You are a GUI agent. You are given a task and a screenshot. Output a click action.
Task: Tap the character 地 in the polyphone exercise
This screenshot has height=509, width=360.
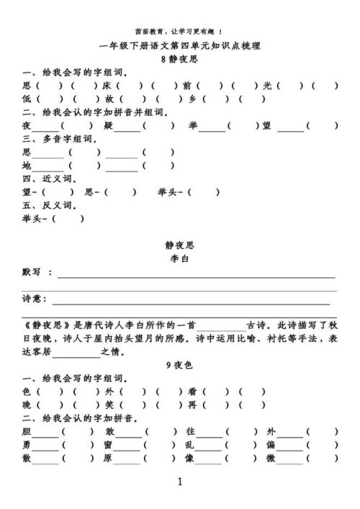tap(27, 166)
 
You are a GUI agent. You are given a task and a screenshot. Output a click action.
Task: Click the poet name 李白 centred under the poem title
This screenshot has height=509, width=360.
tap(179, 258)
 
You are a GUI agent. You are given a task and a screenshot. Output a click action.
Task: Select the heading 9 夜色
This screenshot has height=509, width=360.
tap(179, 365)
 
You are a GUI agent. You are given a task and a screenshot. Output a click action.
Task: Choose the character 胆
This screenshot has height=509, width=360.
tap(27, 432)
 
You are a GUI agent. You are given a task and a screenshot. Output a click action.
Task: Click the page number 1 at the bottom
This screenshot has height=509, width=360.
tap(179, 482)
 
